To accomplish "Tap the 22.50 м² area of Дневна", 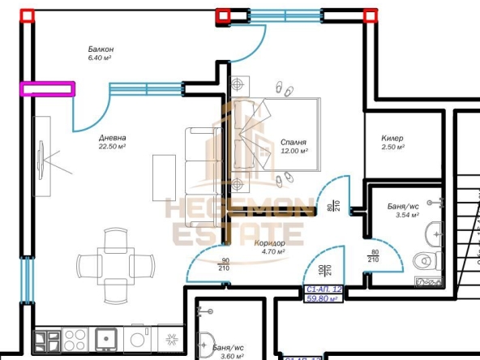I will click(112, 148).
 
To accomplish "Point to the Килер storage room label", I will click(392, 139).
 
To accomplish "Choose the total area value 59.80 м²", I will click(322, 298).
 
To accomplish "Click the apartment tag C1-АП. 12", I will click(323, 289).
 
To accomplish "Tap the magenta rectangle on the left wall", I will click(48, 88).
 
